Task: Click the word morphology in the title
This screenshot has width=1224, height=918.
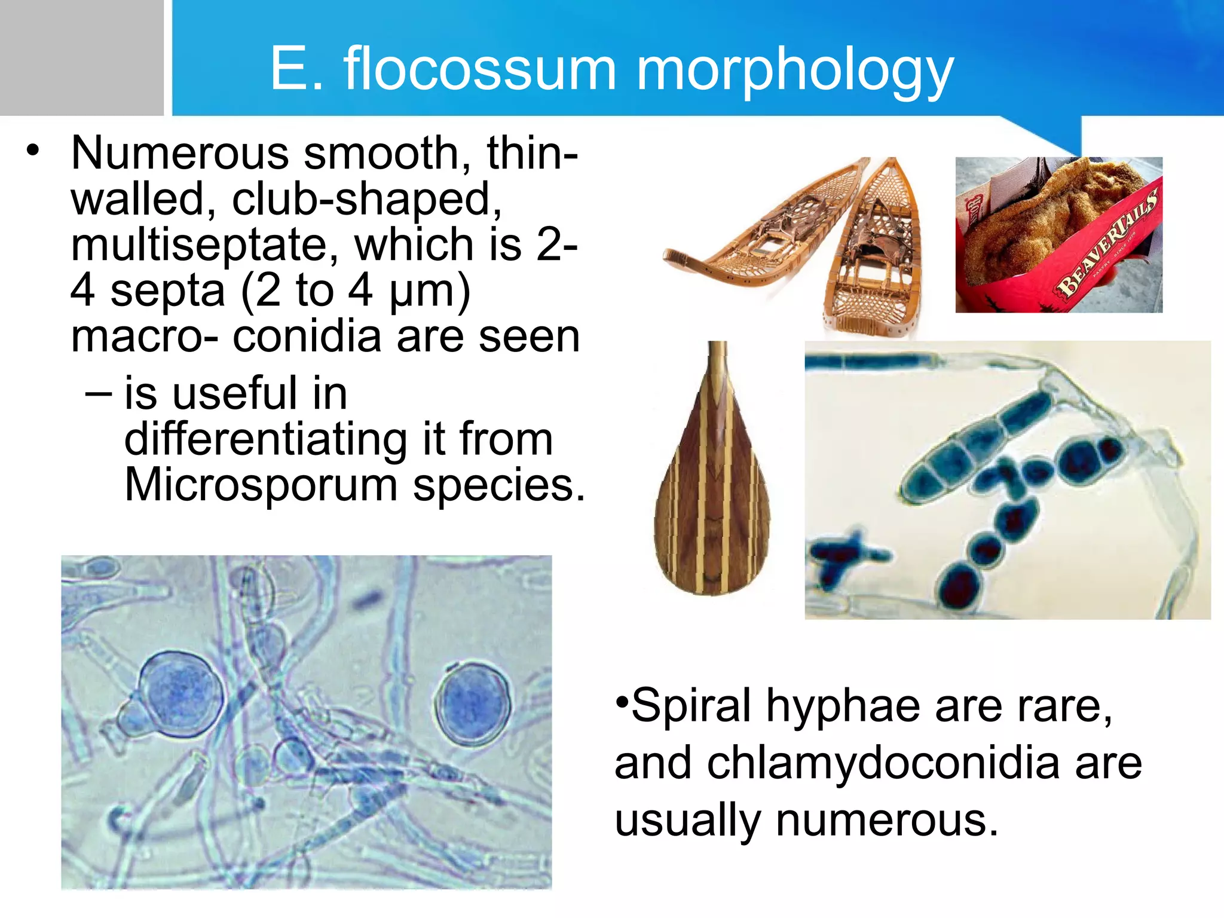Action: click(794, 71)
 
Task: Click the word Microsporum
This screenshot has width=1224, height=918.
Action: click(261, 485)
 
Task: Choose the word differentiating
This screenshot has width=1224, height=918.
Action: click(265, 439)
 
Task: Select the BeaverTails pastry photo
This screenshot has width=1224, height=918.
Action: click(1058, 234)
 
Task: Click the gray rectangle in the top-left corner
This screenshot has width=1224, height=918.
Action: click(81, 57)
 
